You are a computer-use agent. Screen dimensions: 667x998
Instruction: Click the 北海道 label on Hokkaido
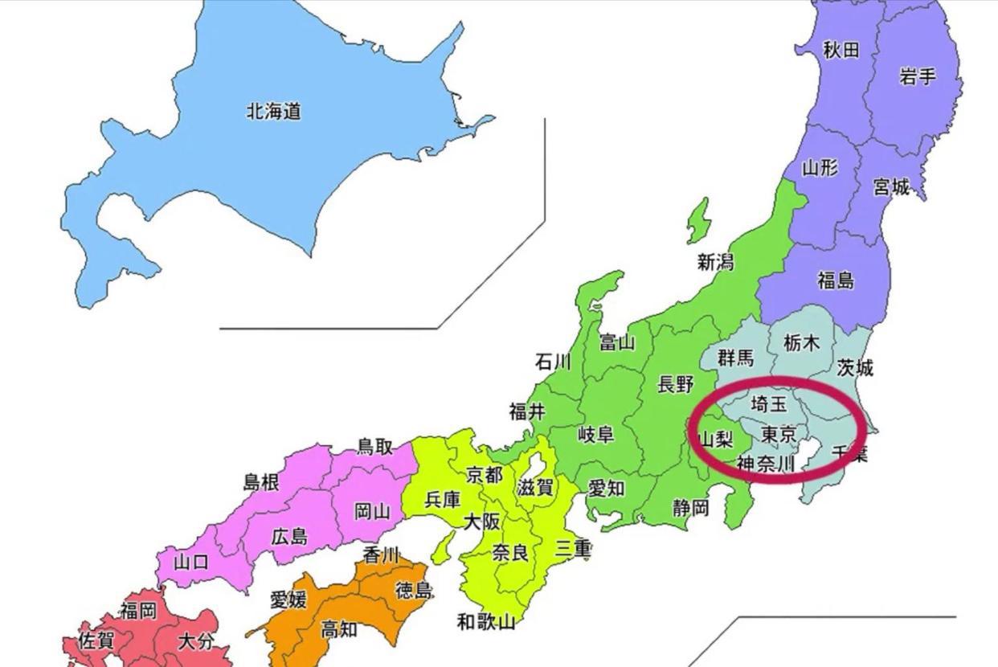pos(273,112)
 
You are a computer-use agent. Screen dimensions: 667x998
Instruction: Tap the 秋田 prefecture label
pos(841,50)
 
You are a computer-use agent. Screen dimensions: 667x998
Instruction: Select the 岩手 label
pos(918,76)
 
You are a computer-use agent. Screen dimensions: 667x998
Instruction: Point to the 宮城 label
pos(891,187)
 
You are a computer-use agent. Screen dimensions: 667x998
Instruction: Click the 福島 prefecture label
pos(836,280)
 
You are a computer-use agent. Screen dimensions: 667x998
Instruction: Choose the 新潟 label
pos(715,262)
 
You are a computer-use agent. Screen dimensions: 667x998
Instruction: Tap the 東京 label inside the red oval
pos(779,435)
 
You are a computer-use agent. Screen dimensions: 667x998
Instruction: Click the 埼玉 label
pos(769,403)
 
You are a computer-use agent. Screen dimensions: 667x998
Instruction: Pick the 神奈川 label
pos(765,464)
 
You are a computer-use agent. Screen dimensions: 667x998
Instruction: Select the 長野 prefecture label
pos(675,385)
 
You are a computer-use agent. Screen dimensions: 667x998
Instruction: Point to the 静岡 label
pos(691,508)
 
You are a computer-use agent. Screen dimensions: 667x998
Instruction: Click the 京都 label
pos(484,474)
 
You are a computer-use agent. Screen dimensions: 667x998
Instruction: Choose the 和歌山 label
pos(485,621)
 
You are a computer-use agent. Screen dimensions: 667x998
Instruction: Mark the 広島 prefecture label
pos(289,536)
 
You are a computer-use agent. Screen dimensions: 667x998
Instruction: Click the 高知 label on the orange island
pos(339,630)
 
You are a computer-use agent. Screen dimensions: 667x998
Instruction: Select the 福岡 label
pos(138,611)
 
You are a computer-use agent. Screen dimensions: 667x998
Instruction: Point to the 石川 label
pos(553,362)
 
